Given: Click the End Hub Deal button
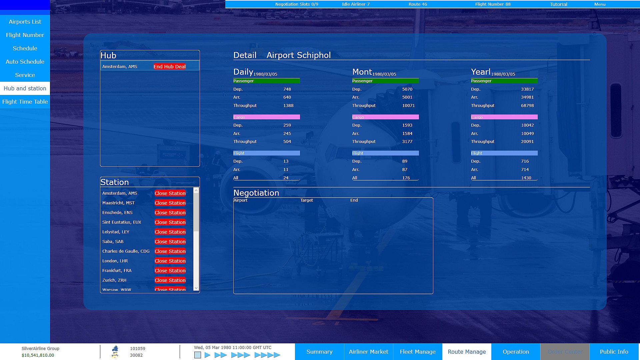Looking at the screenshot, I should [169, 67].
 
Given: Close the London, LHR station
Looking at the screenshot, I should [170, 261].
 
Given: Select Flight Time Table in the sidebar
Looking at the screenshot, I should [25, 102].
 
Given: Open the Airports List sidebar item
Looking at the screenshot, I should [25, 22].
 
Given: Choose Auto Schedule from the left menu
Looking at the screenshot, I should [25, 62].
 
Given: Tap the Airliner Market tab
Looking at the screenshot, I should [368, 352].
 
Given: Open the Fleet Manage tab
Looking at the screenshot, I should [418, 352].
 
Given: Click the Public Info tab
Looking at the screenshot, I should [614, 352].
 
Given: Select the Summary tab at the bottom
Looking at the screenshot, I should [319, 352].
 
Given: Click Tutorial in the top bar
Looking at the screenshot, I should [558, 4].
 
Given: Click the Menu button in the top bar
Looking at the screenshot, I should [600, 4].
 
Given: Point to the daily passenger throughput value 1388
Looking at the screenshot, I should [288, 106].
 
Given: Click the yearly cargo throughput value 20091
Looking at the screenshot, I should [527, 142].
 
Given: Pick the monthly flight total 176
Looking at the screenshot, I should [406, 178].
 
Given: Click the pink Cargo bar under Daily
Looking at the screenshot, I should [266, 117].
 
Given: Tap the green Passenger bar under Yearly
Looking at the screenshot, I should [504, 81].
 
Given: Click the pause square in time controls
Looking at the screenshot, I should [198, 355].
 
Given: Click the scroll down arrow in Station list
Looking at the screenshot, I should [196, 288].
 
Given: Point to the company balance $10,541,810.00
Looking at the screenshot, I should [38, 355].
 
